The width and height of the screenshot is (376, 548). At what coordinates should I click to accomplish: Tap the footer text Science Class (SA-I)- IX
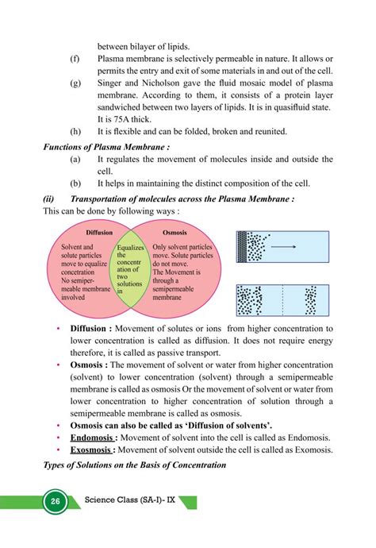[130, 502]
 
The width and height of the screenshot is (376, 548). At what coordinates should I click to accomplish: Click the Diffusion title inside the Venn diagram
[98, 233]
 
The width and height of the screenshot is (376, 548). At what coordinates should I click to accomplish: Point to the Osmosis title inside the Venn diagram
[175, 233]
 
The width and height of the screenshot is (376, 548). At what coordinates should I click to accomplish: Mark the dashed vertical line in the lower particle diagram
[283, 301]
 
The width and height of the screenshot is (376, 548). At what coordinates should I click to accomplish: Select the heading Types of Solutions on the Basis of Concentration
[134, 464]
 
